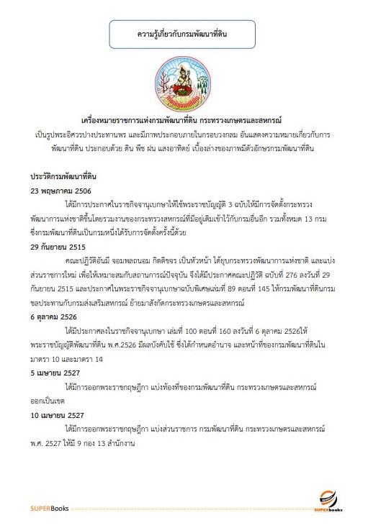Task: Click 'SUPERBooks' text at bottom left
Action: click(49, 509)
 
